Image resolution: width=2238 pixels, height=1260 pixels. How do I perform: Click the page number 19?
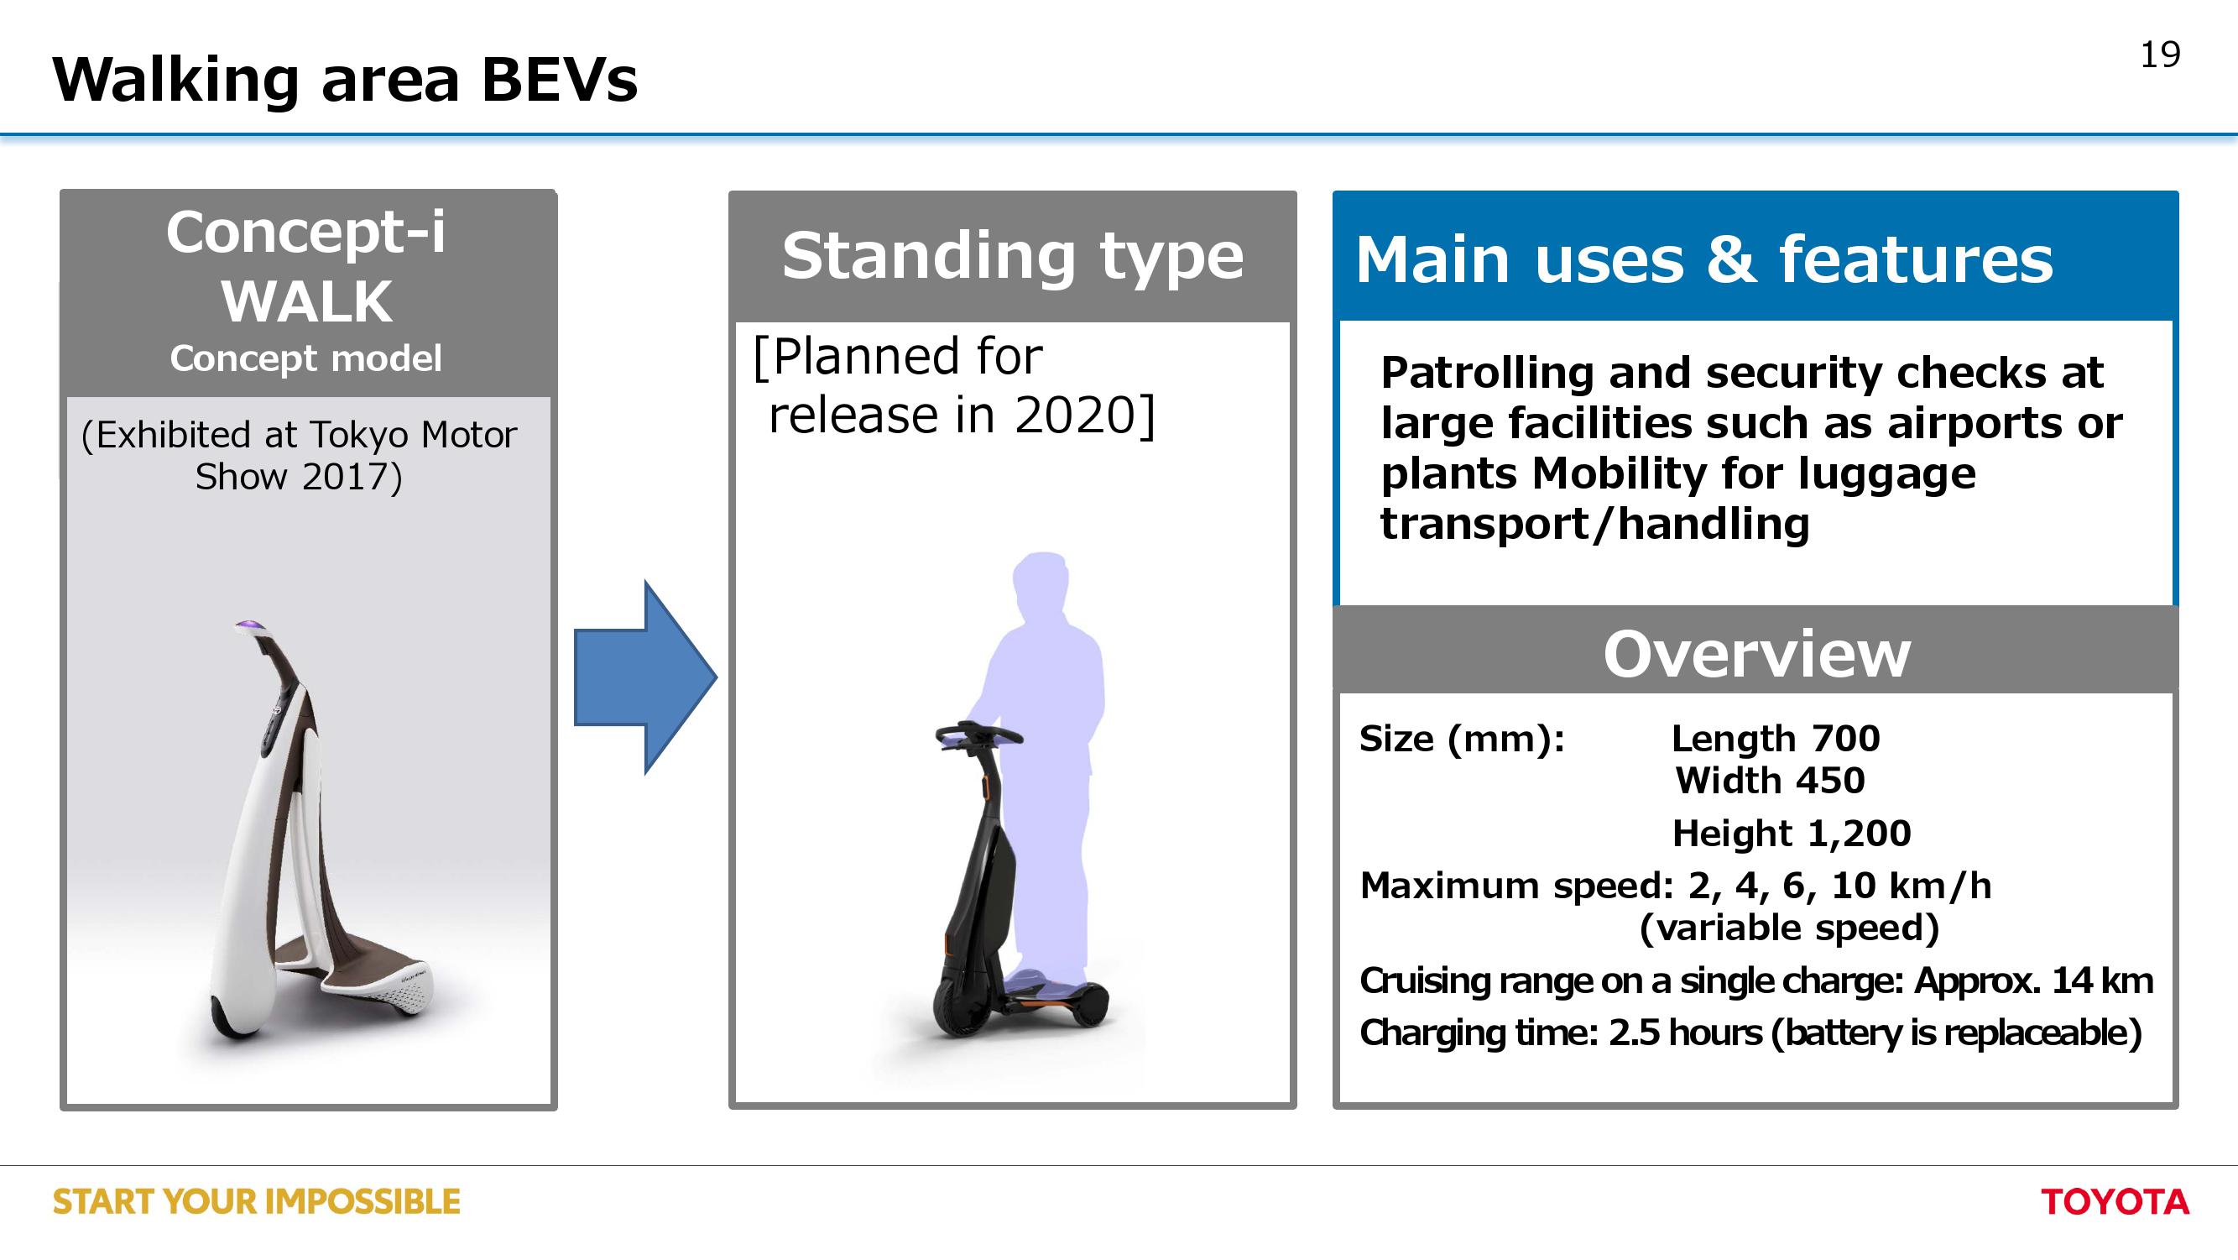point(2160,55)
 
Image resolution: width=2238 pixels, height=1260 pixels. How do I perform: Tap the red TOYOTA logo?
point(2115,1202)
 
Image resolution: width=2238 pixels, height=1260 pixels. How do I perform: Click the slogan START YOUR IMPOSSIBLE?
point(256,1202)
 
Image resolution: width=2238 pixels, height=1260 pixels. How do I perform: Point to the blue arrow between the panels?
point(645,677)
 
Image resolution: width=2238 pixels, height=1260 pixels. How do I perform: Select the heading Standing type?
point(1012,256)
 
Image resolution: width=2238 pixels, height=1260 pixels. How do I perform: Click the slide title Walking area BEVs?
point(345,79)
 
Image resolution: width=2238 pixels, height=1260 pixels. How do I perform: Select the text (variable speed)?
point(1789,928)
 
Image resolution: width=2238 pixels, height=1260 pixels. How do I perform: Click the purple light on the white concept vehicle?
point(248,625)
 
